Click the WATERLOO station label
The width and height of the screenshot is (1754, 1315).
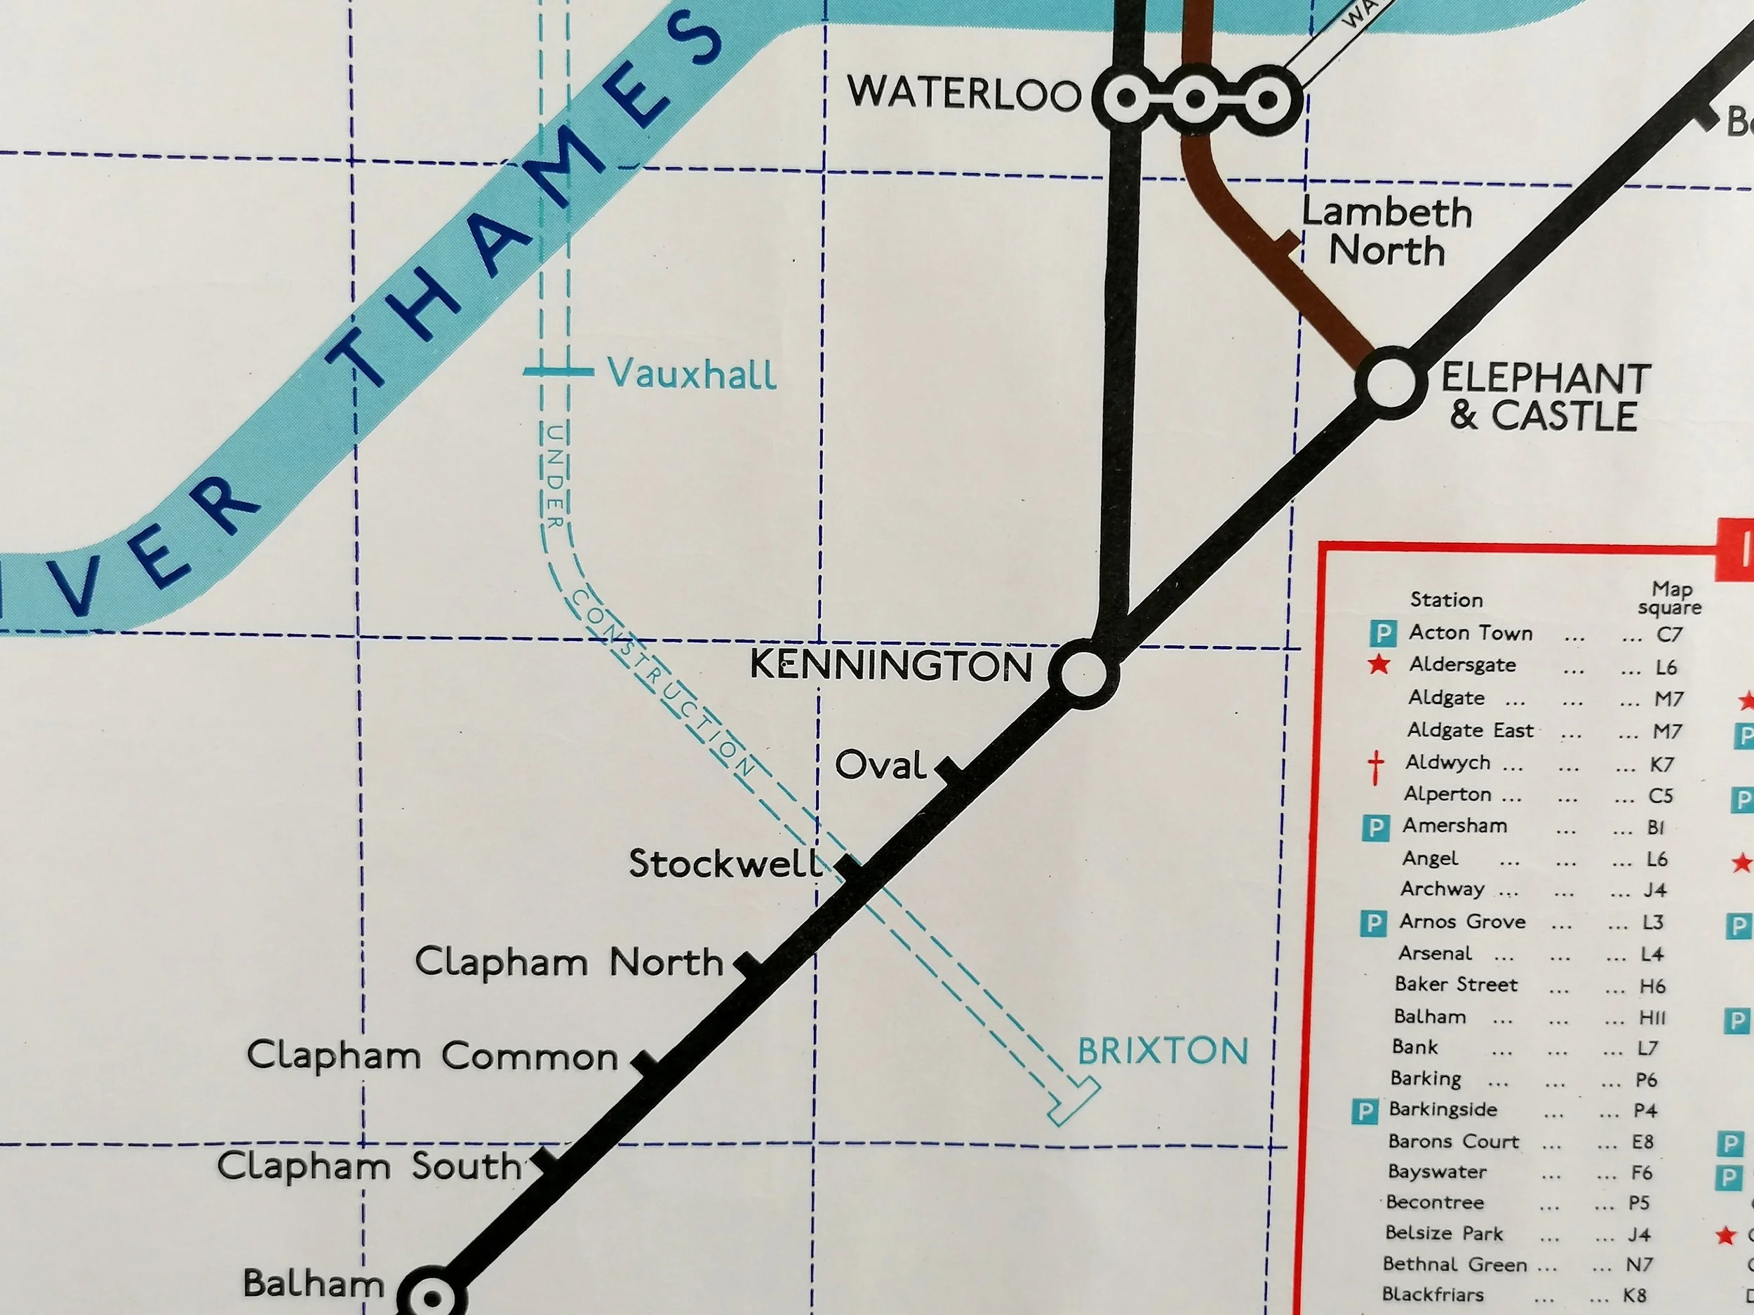[963, 93]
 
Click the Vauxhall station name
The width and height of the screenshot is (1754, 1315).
[692, 372]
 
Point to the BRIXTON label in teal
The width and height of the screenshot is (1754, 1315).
[1163, 1051]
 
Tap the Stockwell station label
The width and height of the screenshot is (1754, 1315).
[725, 863]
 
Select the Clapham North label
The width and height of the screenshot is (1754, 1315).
[568, 962]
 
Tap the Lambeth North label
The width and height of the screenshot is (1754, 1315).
[1386, 231]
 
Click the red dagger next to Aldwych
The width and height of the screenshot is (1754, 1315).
[1376, 767]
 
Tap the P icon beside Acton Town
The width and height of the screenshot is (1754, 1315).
[1382, 633]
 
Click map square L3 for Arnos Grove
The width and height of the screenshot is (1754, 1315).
[1652, 922]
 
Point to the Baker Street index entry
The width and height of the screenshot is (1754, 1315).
[1456, 985]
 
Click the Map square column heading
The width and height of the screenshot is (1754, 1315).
[1671, 598]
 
